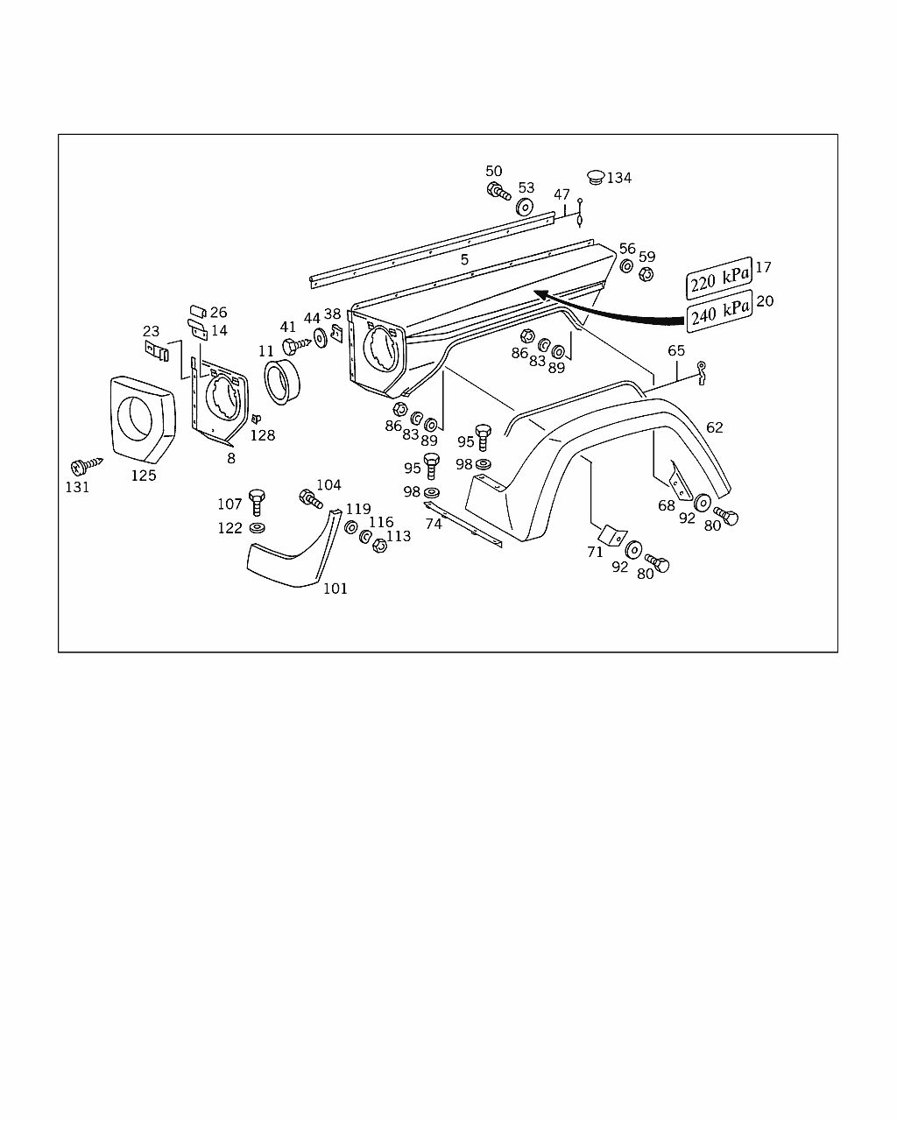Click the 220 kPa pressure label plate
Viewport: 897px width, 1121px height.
tap(719, 278)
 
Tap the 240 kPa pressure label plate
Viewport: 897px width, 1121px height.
tap(720, 311)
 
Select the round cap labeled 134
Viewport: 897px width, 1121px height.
tap(596, 177)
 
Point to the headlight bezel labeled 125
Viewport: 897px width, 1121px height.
tap(143, 419)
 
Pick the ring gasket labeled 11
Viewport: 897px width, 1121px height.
tap(282, 381)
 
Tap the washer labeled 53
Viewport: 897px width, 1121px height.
tap(525, 207)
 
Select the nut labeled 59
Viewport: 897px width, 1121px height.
tap(646, 273)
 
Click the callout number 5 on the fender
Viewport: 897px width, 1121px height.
tap(464, 259)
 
